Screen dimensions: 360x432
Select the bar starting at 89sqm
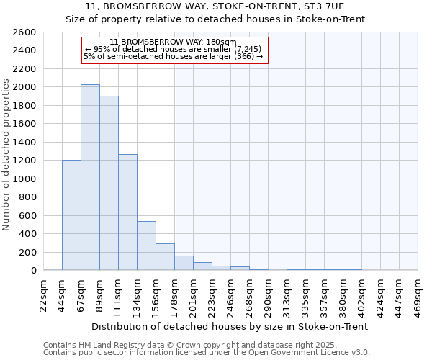(x=109, y=183)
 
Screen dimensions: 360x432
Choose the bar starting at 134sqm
(x=146, y=246)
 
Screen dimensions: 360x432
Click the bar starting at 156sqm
(x=165, y=257)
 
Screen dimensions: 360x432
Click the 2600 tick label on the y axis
(x=24, y=32)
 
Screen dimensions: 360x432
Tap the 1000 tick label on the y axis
(x=24, y=179)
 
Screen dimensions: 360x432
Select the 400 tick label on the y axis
(x=27, y=234)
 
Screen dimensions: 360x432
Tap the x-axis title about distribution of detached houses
(x=230, y=326)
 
